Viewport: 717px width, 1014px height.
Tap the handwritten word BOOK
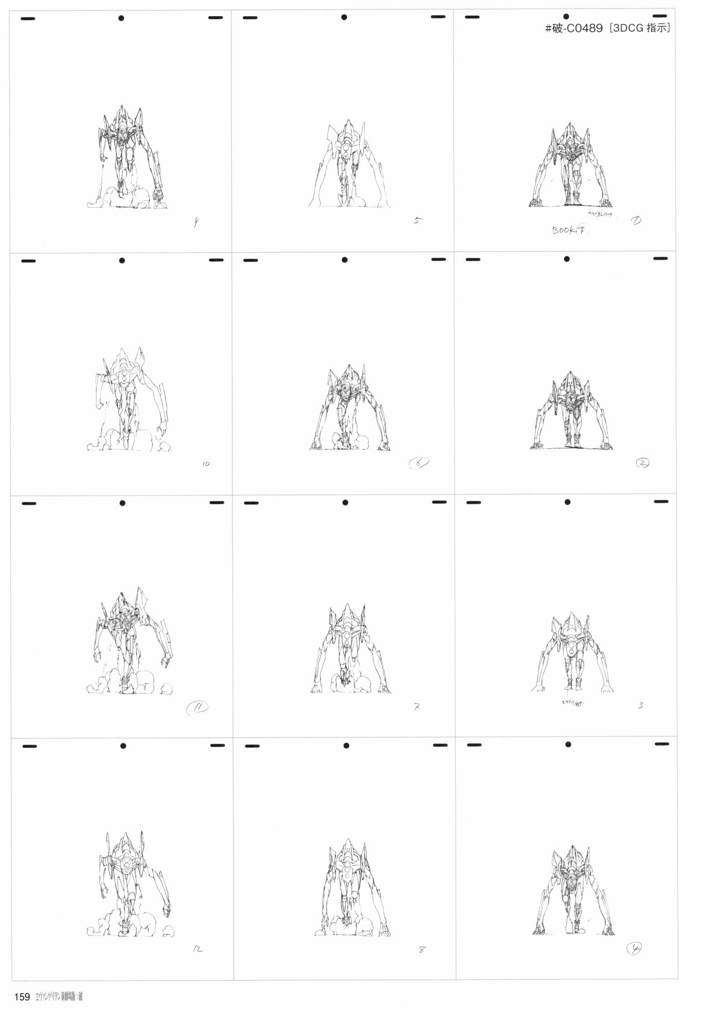pos(563,230)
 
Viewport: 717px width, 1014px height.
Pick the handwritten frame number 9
pos(196,223)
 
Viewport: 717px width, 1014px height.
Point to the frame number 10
pos(206,464)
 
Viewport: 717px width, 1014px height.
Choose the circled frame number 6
pos(419,463)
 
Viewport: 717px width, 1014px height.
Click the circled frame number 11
pos(198,706)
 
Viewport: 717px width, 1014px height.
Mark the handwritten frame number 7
pos(417,706)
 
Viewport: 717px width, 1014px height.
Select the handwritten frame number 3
pos(641,705)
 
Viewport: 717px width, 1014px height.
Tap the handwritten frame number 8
pos(421,950)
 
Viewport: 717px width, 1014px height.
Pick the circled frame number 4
pos(635,948)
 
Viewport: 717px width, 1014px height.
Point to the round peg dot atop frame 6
pos(344,260)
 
